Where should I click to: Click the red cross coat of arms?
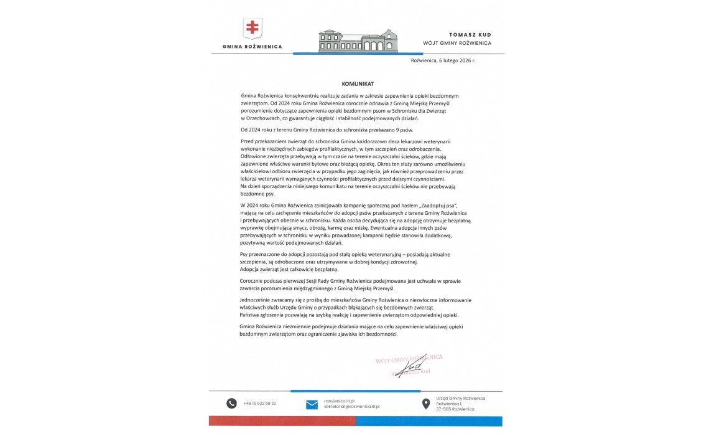[x=253, y=27]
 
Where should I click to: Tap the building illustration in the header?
[x=358, y=40]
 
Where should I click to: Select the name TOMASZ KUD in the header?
[x=470, y=34]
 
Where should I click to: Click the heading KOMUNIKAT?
[x=357, y=83]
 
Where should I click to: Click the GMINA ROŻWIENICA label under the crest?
[x=252, y=47]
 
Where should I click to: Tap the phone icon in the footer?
[x=231, y=403]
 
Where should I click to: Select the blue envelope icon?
[x=312, y=404]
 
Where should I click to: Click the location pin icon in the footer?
[x=426, y=404]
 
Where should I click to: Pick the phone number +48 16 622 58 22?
[x=260, y=404]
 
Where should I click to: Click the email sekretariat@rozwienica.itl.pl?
[x=352, y=406]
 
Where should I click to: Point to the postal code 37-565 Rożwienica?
[x=455, y=409]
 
